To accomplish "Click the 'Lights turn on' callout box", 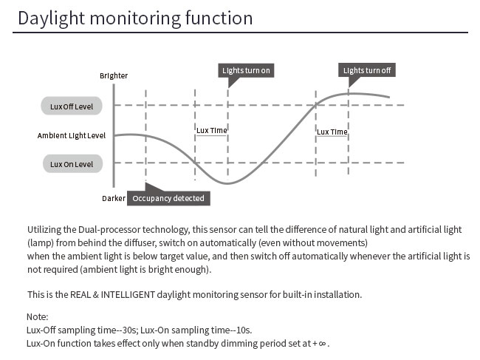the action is pos(246,70).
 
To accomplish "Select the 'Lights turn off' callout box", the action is pos(367,70).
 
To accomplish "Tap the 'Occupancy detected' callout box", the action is pos(168,198).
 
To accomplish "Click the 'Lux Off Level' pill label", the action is pos(72,106).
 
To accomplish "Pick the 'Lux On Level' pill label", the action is pos(72,164).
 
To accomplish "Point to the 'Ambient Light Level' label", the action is pos(72,135).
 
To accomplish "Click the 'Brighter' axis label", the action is pos(114,75).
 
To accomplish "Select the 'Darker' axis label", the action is pos(114,199).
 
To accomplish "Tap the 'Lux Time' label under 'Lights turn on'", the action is pos(211,130).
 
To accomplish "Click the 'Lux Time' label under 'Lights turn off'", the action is pos(332,132).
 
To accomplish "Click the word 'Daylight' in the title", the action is pos(51,18).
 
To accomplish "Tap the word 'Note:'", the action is pos(38,316).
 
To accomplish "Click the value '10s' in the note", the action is pos(244,330).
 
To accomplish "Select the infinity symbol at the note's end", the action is pos(323,344).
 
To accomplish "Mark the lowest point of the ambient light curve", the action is pos(227,183).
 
